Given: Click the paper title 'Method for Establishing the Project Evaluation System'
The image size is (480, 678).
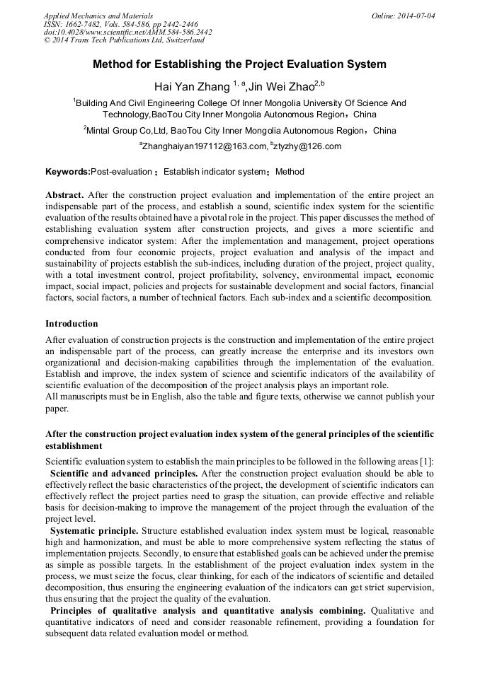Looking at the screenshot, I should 239,64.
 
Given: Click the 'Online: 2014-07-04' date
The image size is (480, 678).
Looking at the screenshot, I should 403,15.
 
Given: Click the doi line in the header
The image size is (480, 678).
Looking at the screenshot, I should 127,32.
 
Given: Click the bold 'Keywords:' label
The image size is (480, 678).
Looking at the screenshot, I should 68,172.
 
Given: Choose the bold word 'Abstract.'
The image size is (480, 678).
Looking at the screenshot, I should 65,194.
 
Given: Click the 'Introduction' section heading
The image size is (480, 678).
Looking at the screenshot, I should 72,324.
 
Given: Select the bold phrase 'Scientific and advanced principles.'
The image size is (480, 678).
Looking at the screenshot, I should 125,472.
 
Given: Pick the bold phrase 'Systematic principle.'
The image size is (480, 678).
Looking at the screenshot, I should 94,530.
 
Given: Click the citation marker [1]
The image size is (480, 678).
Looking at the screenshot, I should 428,462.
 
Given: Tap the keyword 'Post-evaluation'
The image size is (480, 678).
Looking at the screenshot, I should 121,172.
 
